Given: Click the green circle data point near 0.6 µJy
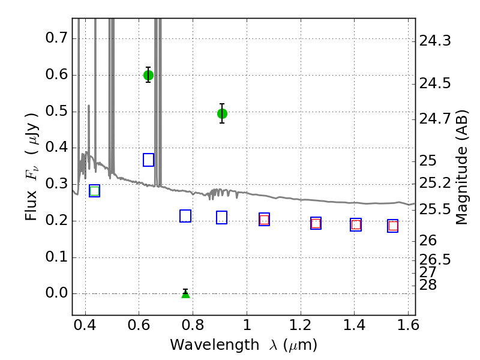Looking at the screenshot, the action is pos(148,75).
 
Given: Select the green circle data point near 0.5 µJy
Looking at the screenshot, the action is pos(222,113).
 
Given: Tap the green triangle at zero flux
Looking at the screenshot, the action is pos(185,294).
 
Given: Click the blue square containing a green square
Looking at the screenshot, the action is pos(95,191).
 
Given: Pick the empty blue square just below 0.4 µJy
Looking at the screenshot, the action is pos(148,160).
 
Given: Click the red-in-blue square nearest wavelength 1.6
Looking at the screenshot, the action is pos(393,226).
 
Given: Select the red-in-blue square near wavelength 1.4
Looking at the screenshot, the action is pos(356,224).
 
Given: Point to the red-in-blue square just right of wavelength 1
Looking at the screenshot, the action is pos(264,220).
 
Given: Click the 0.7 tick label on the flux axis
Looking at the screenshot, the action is pos(56,38).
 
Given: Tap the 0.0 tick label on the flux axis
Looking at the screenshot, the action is pos(56,293).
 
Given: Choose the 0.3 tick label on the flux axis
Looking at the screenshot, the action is pos(56,184).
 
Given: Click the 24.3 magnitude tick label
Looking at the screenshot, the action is pos(435,41).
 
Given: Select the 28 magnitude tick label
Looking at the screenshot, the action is pos(428,284).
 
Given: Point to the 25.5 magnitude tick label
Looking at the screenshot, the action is pos(435,209).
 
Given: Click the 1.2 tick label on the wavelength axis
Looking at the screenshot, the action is pos(301,325).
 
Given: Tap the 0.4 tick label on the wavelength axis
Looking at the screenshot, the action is pos(85,325).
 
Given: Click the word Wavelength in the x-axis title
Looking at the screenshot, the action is pos(215,344).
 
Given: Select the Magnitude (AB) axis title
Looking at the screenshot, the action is pos(461,167).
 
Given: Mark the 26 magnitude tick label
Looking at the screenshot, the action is pos(428,241).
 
